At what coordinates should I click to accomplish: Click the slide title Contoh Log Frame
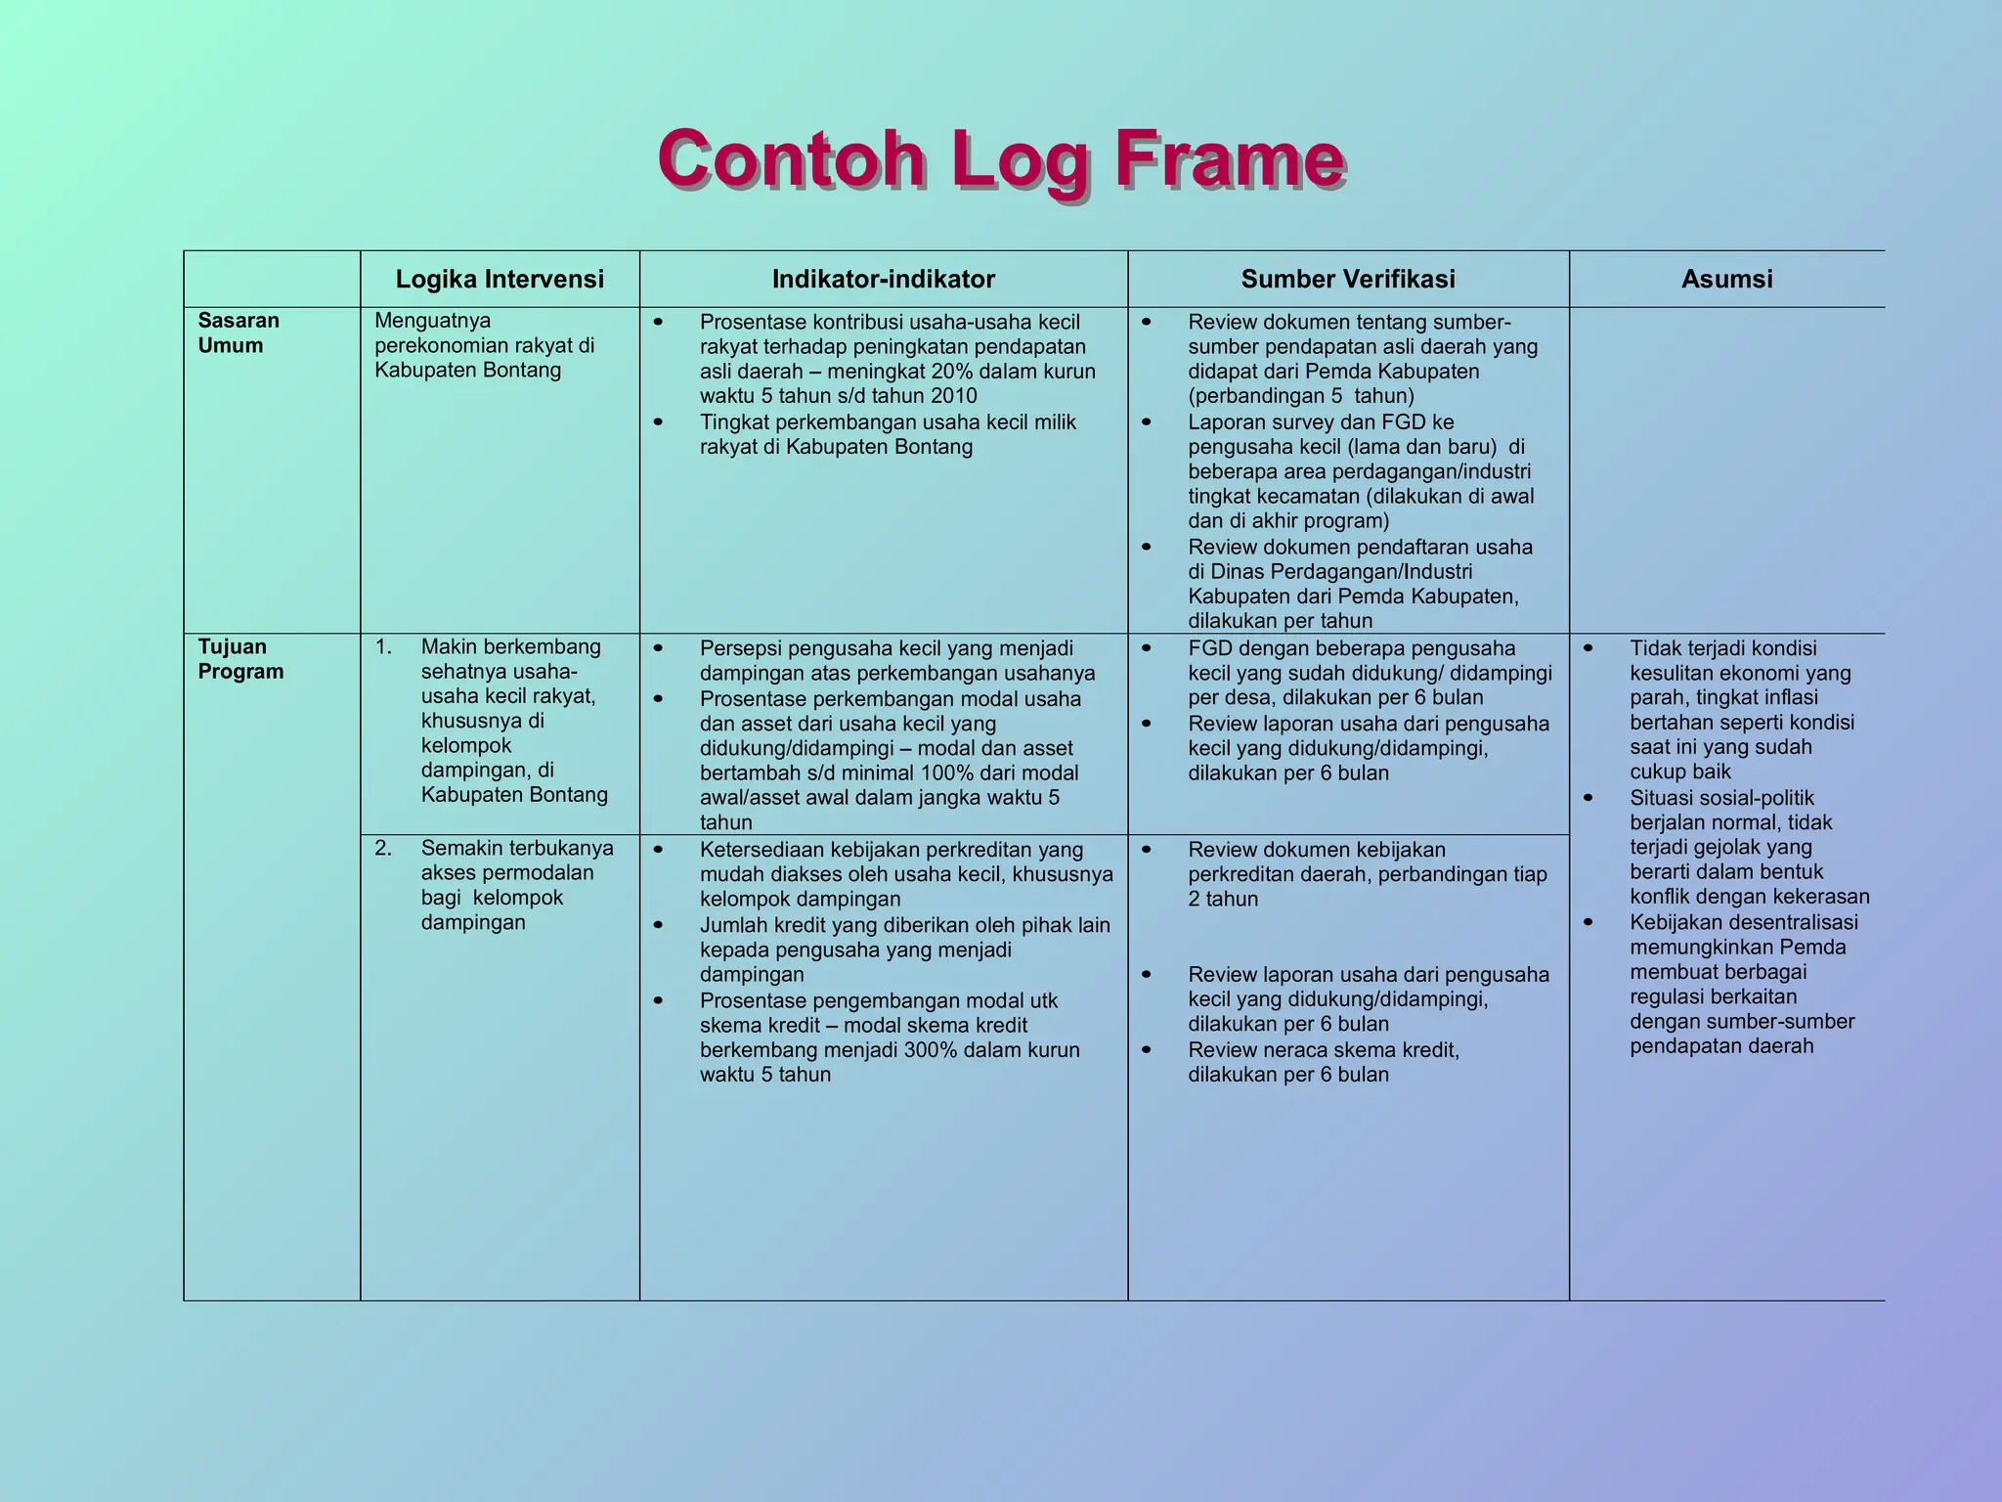pos(1002,160)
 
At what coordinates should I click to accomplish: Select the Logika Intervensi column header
pos(500,280)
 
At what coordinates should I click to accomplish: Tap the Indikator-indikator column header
pos(884,280)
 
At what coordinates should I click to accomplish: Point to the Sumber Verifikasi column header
pos(1348,280)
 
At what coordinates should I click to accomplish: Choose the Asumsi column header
pos(1726,280)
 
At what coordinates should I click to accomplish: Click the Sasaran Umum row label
pos(239,332)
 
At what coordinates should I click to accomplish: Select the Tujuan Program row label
pos(240,659)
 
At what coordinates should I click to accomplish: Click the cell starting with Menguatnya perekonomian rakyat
pos(484,345)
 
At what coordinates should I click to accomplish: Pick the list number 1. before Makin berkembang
pos(383,647)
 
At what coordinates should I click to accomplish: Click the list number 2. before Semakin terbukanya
pos(383,849)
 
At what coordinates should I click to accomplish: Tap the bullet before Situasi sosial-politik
pos(1588,799)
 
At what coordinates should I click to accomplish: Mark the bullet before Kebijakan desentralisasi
pos(1588,923)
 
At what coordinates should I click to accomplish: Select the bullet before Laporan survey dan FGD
pos(1146,423)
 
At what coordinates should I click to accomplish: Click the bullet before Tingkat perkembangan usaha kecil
pos(658,423)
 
